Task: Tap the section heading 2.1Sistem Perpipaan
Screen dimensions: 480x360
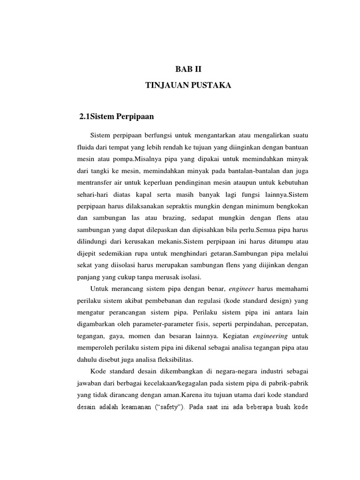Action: [x=117, y=117]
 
